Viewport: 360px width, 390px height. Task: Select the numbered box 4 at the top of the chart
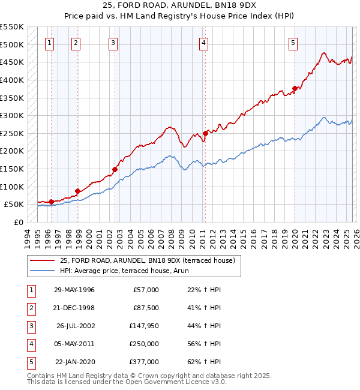point(204,43)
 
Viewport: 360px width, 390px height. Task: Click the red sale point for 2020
point(295,89)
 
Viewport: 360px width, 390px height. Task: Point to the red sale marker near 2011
point(205,133)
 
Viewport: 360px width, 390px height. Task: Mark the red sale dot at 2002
point(115,169)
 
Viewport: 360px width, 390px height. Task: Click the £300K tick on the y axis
point(12,115)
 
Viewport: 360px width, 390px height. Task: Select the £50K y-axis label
point(14,205)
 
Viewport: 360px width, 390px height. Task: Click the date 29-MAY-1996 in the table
point(74,290)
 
